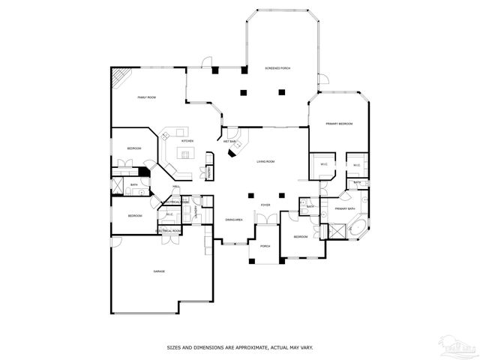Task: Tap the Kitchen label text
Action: (x=187, y=141)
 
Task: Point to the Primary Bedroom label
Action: (x=339, y=123)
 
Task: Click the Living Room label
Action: (x=266, y=161)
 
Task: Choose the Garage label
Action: (x=159, y=271)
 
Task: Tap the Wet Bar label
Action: (x=229, y=141)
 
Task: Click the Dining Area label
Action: (x=233, y=219)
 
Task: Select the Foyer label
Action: (x=265, y=204)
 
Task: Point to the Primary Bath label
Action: (x=345, y=208)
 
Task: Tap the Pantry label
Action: (x=210, y=171)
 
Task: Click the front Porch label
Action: (x=265, y=246)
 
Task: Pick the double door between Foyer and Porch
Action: (x=265, y=217)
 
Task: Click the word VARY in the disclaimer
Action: (x=306, y=347)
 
